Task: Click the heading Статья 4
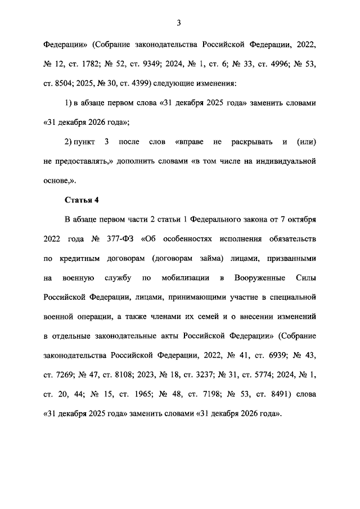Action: click(83, 200)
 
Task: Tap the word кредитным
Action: click(82, 258)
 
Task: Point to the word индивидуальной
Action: click(282, 161)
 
